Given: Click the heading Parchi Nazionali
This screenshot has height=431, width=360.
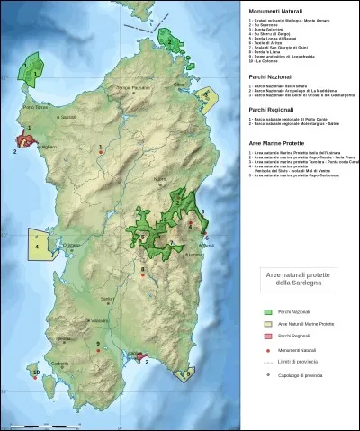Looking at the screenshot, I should (268, 79).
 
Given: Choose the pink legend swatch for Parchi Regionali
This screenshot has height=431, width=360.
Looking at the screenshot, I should (267, 335).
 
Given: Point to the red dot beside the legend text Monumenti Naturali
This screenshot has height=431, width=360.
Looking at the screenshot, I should (267, 348).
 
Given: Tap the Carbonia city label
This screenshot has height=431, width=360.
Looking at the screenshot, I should (60, 363).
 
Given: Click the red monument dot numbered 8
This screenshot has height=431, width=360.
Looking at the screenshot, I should (142, 275).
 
